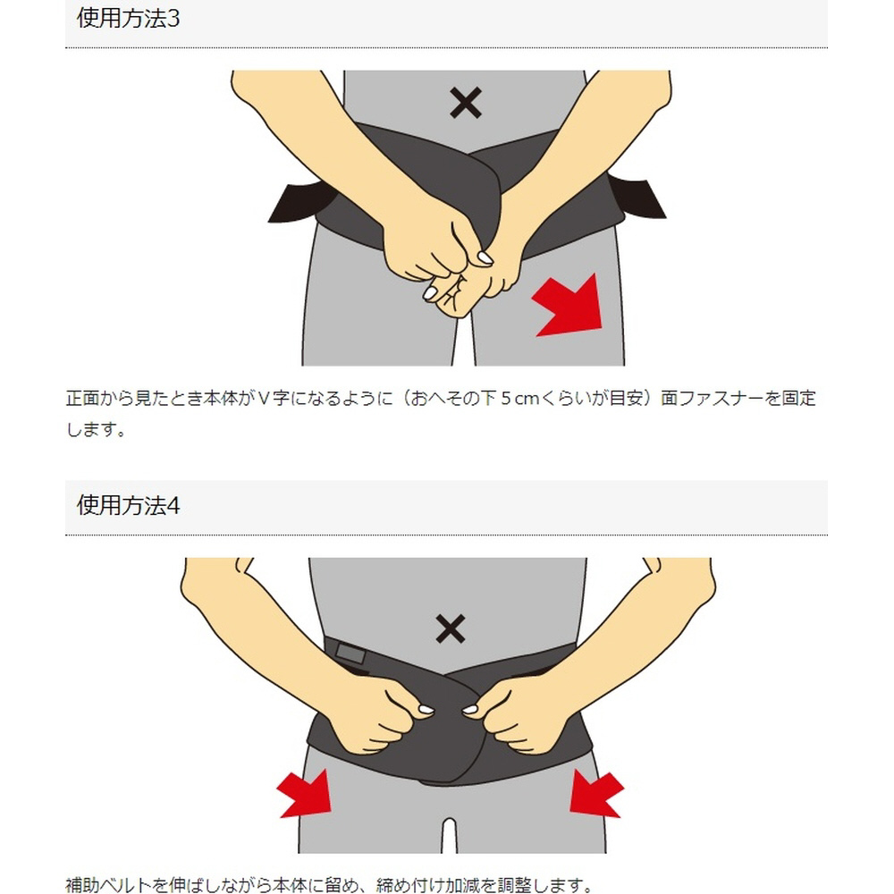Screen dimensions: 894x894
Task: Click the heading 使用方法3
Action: click(128, 18)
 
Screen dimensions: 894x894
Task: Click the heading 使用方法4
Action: click(128, 505)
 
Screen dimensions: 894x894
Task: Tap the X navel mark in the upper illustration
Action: click(465, 103)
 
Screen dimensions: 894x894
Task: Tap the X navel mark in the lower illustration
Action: click(451, 628)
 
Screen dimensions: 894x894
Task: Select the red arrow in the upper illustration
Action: click(570, 306)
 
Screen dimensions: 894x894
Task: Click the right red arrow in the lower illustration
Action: click(595, 793)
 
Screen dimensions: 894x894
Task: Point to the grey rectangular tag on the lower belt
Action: click(350, 653)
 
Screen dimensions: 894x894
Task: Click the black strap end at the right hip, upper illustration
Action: click(637, 197)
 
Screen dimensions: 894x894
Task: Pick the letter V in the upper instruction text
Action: click(263, 398)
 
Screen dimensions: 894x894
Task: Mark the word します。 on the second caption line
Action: click(96, 429)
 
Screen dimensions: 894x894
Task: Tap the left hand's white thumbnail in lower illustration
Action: click(426, 710)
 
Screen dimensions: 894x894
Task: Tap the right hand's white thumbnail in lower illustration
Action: click(470, 710)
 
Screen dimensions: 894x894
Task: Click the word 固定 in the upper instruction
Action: click(798, 398)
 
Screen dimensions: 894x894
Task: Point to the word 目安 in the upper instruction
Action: click(627, 398)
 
